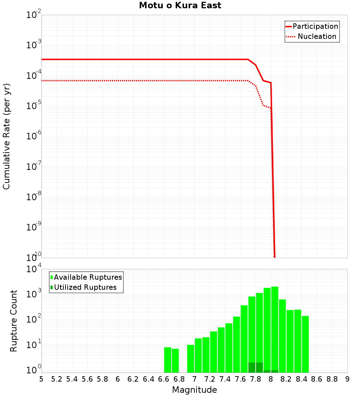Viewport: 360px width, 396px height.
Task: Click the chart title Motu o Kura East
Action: click(x=180, y=6)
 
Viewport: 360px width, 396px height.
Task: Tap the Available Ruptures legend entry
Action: click(x=86, y=277)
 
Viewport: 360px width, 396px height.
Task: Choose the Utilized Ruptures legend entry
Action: click(x=84, y=287)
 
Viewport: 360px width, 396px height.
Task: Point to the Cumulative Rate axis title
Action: click(x=7, y=136)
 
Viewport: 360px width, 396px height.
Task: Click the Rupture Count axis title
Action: click(x=14, y=320)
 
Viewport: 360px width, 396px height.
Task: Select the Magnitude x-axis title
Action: click(x=194, y=390)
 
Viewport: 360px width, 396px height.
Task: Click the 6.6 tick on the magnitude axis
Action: click(x=163, y=379)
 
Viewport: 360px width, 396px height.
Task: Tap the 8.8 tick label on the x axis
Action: click(x=332, y=379)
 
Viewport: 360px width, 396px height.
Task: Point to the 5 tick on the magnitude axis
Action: click(x=41, y=379)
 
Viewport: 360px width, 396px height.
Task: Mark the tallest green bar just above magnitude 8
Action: click(x=275, y=329)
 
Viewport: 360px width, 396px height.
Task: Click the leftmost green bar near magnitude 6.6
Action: click(x=167, y=360)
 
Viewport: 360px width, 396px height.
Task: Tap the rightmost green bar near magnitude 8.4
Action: click(x=305, y=344)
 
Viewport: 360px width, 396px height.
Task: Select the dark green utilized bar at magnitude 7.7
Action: click(x=252, y=368)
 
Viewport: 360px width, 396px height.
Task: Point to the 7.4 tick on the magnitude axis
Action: click(x=225, y=379)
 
